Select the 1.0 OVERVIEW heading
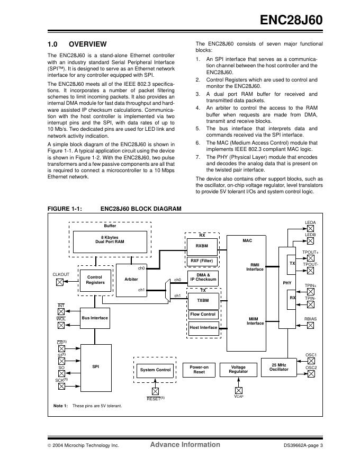point(77,44)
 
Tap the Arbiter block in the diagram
point(131,279)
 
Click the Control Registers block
point(95,279)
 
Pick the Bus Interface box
point(95,318)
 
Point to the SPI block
point(95,365)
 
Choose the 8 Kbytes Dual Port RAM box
point(110,239)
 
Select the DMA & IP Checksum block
point(203,277)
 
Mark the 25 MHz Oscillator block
point(280,367)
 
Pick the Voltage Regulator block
point(238,369)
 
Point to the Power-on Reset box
point(199,369)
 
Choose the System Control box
point(156,370)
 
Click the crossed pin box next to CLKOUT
point(60,282)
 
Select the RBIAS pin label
point(310,319)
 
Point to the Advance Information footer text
point(185,445)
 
